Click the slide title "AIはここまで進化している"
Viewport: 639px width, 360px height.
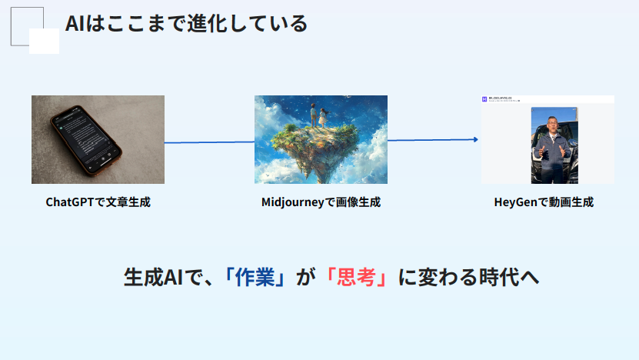click(x=187, y=24)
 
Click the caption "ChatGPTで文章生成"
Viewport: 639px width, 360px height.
click(x=98, y=203)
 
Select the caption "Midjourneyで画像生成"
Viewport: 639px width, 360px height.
click(x=321, y=203)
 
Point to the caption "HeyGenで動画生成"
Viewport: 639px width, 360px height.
click(x=544, y=203)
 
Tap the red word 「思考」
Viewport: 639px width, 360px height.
click(x=355, y=278)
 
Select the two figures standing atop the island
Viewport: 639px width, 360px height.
click(x=318, y=116)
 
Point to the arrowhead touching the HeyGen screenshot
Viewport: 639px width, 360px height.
click(x=476, y=139)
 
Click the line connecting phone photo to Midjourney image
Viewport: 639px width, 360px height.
click(x=209, y=142)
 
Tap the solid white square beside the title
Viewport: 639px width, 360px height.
click(x=44, y=41)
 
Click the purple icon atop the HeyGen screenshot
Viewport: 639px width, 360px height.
click(x=485, y=99)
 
